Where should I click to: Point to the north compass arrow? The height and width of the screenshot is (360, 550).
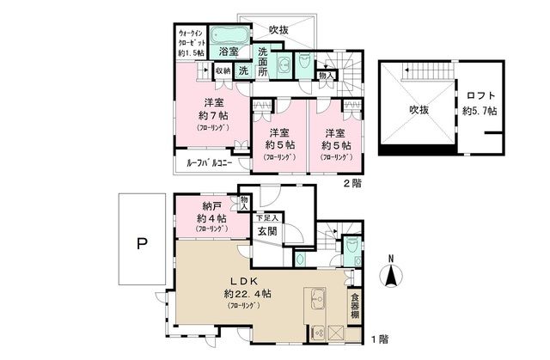pyautogui.click(x=390, y=273)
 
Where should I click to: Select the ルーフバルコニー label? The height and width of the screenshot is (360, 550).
pyautogui.click(x=210, y=162)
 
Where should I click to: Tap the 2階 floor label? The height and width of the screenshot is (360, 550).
pyautogui.click(x=352, y=184)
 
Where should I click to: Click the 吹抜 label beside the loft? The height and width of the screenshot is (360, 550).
pyautogui.click(x=419, y=109)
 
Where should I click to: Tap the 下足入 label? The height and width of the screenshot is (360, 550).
pyautogui.click(x=266, y=217)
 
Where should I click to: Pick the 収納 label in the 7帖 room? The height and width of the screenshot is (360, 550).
pyautogui.click(x=222, y=70)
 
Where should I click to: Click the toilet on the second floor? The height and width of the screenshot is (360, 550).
pyautogui.click(x=304, y=65)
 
